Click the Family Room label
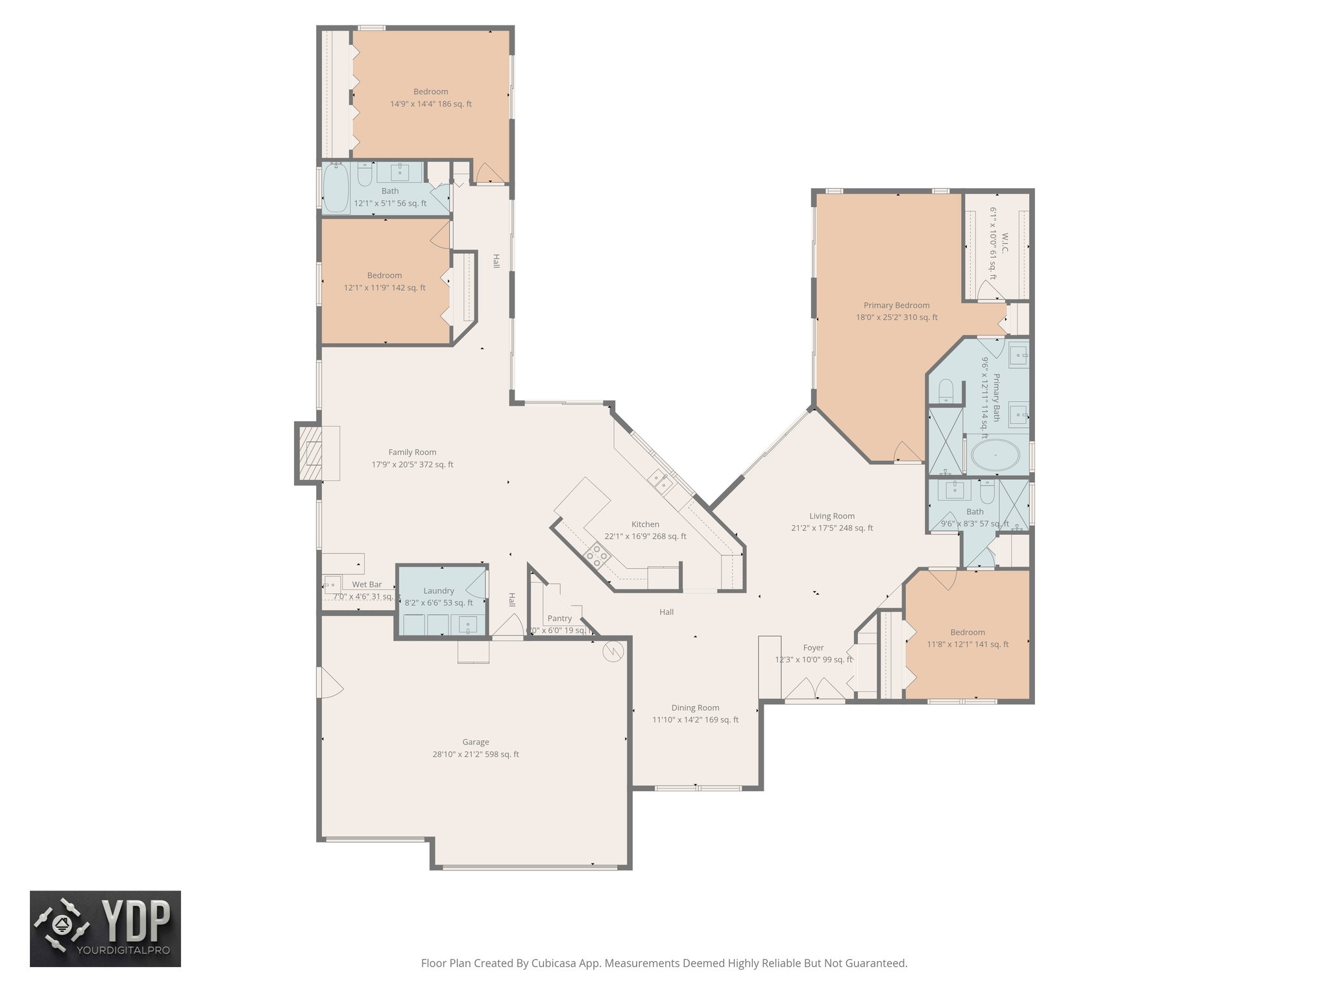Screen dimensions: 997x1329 click(x=412, y=452)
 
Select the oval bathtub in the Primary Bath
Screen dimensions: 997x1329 click(x=995, y=456)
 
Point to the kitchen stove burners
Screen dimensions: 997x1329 click(x=598, y=556)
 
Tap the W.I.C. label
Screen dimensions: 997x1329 click(x=1005, y=243)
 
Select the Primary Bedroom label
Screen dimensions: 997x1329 click(x=896, y=305)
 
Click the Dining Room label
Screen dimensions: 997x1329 click(x=695, y=708)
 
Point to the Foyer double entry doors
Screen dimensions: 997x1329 click(x=815, y=688)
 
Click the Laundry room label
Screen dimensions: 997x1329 click(x=439, y=591)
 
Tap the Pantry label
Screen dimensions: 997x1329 click(x=559, y=619)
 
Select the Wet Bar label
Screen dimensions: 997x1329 click(x=367, y=585)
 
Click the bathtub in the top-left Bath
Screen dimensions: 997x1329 click(x=335, y=188)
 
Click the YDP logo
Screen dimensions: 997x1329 click(x=105, y=929)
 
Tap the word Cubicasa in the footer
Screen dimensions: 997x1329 click(x=555, y=963)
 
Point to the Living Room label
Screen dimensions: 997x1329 click(x=832, y=516)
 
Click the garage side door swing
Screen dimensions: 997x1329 click(x=329, y=683)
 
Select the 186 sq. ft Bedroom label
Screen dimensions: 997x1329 click(x=430, y=92)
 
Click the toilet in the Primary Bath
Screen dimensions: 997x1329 click(x=945, y=391)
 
